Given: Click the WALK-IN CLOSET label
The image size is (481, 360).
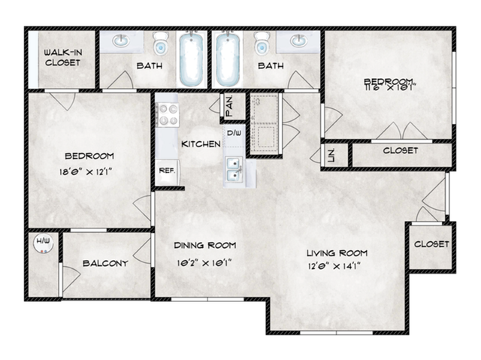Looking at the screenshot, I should coord(62,57).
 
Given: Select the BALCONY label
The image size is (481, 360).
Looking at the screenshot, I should coord(105,264).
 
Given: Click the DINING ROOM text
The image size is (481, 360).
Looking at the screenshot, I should coord(205,245).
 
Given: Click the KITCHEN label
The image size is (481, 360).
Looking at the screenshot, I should coord(201,144).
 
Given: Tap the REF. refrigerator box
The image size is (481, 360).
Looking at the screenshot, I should coord(167,171).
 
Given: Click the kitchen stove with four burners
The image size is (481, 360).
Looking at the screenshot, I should coord(166,118).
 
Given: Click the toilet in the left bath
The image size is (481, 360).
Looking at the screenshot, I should coord(160,45).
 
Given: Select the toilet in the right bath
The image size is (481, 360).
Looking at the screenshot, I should coord(261,45).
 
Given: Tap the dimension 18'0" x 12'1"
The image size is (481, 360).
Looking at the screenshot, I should coord(89,171).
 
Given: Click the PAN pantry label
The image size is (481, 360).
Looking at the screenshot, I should coord(228,106).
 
